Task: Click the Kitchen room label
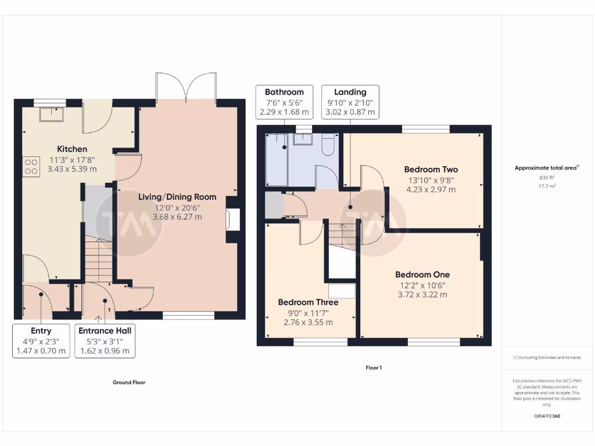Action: click(72, 149)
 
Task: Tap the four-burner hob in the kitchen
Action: click(31, 167)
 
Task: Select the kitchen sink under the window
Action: click(52, 114)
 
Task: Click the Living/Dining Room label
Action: click(177, 197)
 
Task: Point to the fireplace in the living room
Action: click(233, 219)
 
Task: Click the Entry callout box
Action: click(41, 341)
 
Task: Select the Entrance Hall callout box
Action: click(105, 341)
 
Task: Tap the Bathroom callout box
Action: click(284, 102)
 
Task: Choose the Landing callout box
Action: click(350, 102)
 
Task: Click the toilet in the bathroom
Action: click(328, 145)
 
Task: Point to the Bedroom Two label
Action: click(431, 170)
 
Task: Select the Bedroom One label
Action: click(423, 275)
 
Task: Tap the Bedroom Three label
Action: click(308, 302)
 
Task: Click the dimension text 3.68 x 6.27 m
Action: click(177, 217)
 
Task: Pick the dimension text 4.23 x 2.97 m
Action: click(431, 190)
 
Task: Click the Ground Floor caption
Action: click(129, 382)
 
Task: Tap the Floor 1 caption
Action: click(374, 368)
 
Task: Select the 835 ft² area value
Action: click(547, 178)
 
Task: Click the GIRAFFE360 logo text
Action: click(547, 416)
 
